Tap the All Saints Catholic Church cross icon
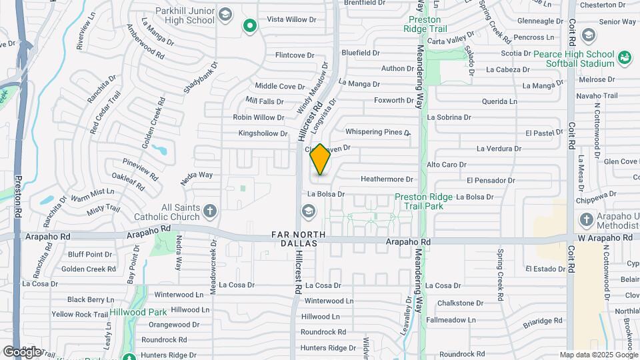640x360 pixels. point(210,212)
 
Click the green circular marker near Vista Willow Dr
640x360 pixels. point(250,26)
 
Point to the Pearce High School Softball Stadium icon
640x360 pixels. point(625,58)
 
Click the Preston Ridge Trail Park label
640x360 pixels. point(428,201)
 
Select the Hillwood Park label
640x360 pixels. point(139,312)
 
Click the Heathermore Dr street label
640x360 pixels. point(387,179)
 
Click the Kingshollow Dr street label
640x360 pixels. point(263,133)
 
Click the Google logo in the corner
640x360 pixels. point(21,351)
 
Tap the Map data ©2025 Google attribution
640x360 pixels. point(598,355)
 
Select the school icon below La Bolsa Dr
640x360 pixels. point(308,212)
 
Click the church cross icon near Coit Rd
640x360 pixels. point(586,219)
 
